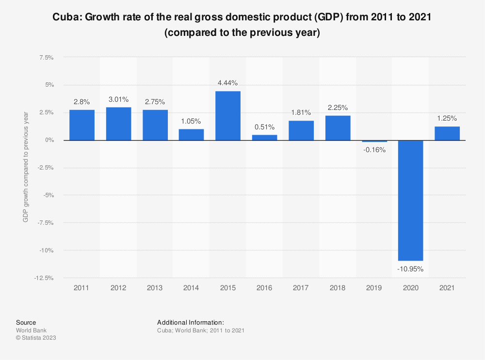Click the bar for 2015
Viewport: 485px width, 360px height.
click(228, 116)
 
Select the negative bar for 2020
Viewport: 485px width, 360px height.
click(411, 201)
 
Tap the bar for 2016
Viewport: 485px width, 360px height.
click(265, 138)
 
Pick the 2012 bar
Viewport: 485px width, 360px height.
click(118, 124)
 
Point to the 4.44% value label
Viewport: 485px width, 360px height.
click(228, 83)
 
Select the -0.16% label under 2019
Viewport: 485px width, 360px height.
click(374, 150)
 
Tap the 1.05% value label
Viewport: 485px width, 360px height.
click(191, 121)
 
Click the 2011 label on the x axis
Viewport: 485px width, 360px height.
click(82, 288)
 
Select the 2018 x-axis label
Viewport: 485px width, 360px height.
click(338, 288)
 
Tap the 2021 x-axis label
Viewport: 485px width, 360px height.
click(447, 288)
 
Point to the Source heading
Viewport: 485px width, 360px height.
click(26, 322)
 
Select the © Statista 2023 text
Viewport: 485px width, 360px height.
click(36, 338)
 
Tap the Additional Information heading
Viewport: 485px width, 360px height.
click(190, 322)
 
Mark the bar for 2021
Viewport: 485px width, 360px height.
click(447, 133)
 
